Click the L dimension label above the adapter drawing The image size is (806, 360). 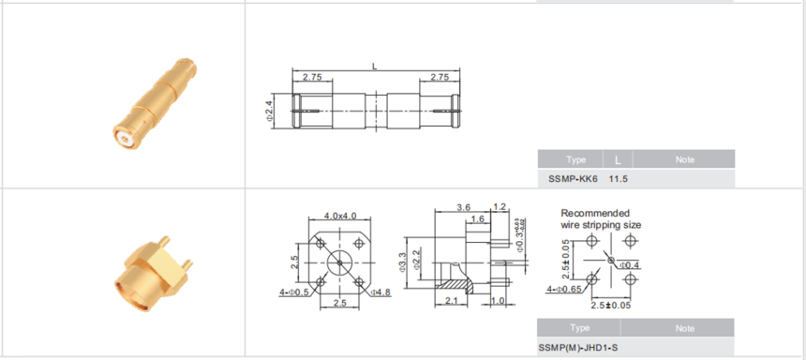point(375,66)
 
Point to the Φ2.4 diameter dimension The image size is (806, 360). point(269,111)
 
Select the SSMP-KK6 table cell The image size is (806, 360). point(573,179)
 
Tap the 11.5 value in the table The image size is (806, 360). point(619,179)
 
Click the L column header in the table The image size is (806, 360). point(618,160)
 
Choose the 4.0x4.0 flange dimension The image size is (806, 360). point(340,216)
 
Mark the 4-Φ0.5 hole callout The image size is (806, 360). point(294,292)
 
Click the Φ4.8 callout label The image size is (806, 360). point(381,292)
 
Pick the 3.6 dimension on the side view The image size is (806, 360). point(463,207)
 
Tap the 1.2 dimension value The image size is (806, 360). point(500,207)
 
